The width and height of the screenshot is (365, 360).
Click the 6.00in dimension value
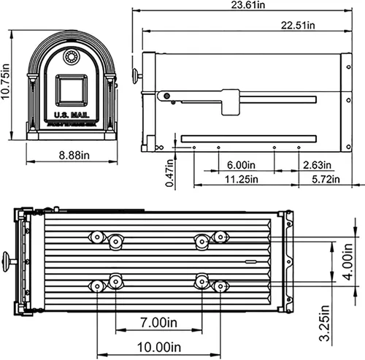pyautogui.click(x=241, y=164)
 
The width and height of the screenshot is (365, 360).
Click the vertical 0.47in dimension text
pyautogui.click(x=169, y=175)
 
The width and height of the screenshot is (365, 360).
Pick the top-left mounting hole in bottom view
pyautogui.click(x=96, y=236)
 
